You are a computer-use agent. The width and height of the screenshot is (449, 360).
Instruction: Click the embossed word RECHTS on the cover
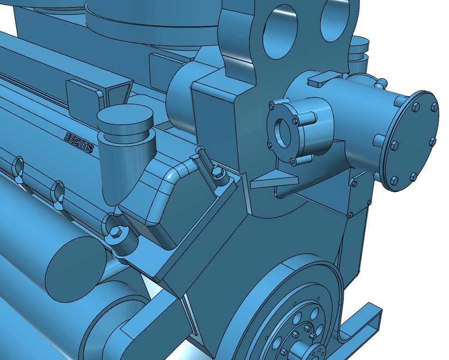pyautogui.click(x=79, y=142)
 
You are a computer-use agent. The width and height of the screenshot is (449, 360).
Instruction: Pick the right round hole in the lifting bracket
pyautogui.click(x=335, y=21)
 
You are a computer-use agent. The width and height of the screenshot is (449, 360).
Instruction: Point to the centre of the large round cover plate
pyautogui.click(x=413, y=141)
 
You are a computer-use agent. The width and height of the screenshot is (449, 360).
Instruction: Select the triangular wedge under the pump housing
pyautogui.click(x=274, y=179)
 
